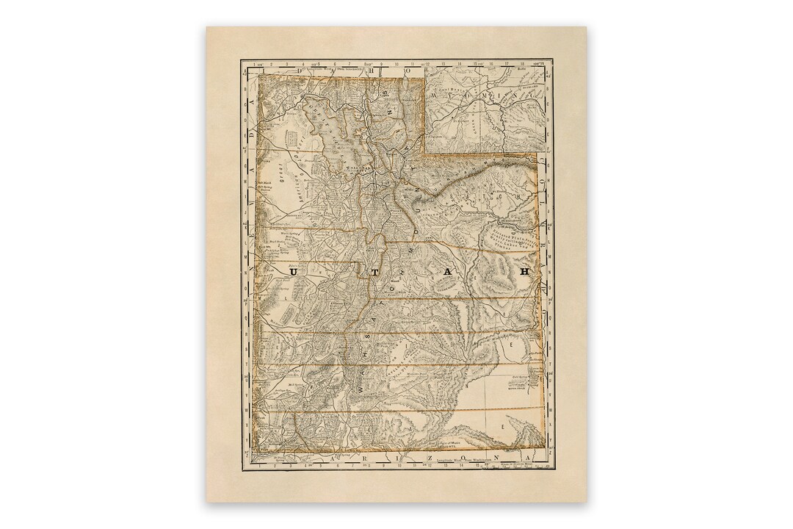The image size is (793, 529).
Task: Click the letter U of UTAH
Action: click(294, 271)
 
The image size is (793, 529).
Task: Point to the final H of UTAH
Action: click(524, 271)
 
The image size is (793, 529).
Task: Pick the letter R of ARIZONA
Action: click(352, 458)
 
